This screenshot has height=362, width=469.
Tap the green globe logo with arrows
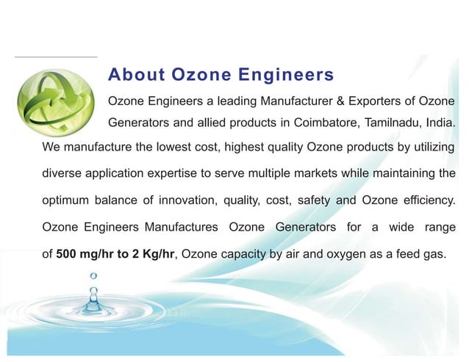(x=62, y=101)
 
